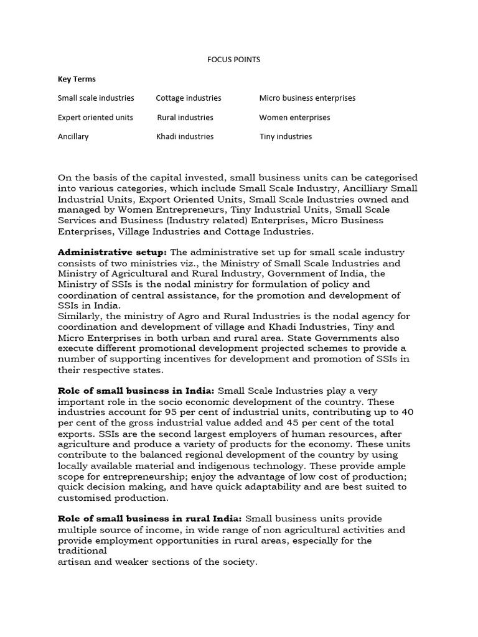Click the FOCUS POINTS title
pos(233,60)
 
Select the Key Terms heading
pos(77,79)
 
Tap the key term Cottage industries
pos(189,98)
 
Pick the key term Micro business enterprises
pos(307,98)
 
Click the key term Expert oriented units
pos(95,118)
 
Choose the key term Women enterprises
pos(294,118)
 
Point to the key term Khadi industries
pos(185,136)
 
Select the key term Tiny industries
pos(286,136)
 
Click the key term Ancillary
pos(73,136)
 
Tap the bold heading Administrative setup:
pos(113,253)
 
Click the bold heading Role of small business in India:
pos(136,391)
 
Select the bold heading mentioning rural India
pos(151,519)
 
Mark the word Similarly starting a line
pos(80,316)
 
